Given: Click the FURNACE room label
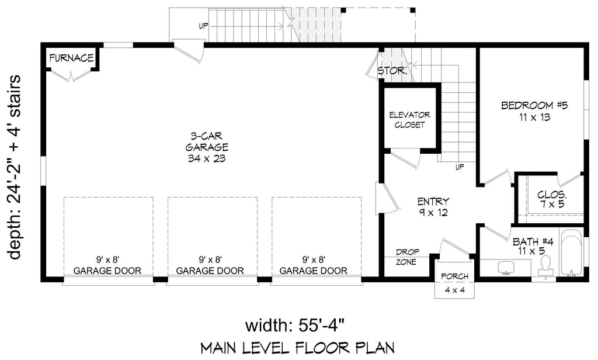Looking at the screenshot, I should (72, 58).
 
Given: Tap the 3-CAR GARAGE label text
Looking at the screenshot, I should (203, 141).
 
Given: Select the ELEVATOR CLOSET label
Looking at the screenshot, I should (409, 120).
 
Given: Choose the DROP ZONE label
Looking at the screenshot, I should (406, 257).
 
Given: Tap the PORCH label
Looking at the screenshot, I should (454, 276).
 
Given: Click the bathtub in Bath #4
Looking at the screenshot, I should (571, 254).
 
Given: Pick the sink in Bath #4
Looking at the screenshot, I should (505, 268).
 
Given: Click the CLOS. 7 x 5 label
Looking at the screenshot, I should (552, 199).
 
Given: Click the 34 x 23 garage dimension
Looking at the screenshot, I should (203, 158).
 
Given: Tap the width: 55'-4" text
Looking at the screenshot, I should (298, 325).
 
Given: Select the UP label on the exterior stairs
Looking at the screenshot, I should (203, 26).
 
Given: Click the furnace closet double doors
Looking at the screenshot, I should (71, 76).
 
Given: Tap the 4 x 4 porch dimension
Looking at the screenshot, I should (454, 290).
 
